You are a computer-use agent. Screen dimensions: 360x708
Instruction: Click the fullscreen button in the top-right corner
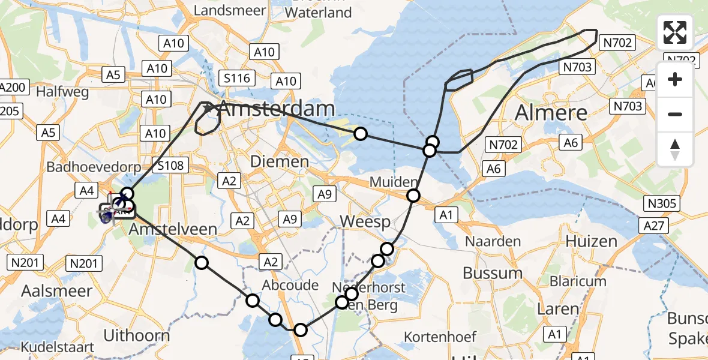tap(675, 32)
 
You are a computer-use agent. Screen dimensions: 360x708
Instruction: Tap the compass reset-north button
tap(675, 149)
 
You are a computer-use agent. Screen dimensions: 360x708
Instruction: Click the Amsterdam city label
tap(276, 109)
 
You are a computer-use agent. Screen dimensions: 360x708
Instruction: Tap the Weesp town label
tap(365, 221)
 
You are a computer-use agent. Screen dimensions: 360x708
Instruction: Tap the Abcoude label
tap(290, 284)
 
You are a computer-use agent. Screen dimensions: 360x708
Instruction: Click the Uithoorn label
tap(137, 334)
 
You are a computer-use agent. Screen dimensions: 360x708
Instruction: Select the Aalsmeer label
tap(57, 291)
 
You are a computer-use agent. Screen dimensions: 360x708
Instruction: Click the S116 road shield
tap(238, 77)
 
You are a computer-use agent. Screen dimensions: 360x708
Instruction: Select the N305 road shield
tap(662, 203)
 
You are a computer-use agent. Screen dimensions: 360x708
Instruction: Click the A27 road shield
tap(655, 224)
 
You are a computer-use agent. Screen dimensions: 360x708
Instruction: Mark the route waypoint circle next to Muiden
tap(413, 195)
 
